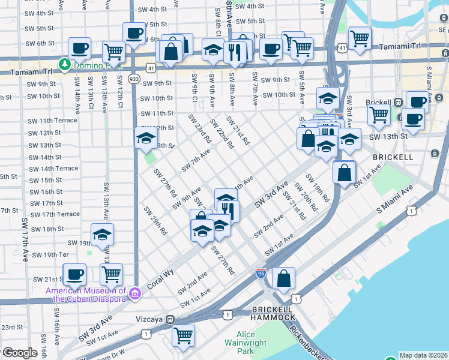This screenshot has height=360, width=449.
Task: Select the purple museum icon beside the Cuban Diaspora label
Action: click(x=136, y=292)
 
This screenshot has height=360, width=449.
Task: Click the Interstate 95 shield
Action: click(x=261, y=273)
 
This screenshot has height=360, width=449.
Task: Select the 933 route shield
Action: click(x=134, y=79)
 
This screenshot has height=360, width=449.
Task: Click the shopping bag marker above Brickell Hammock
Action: click(x=284, y=278)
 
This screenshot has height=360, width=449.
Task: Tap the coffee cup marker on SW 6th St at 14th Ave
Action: click(x=79, y=48)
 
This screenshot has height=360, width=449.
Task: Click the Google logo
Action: click(x=20, y=353)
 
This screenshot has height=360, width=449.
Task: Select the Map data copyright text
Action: click(x=423, y=355)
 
